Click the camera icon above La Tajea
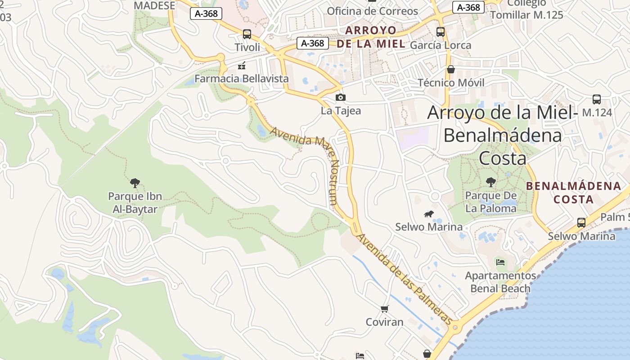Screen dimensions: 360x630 tap(341, 97)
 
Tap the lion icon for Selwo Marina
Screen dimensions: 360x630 tap(429, 215)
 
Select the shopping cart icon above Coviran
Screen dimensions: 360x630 tap(384, 309)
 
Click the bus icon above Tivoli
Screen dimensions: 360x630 tap(247, 34)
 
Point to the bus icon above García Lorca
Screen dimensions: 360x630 tap(441, 32)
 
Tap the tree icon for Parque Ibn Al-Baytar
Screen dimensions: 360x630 tap(135, 183)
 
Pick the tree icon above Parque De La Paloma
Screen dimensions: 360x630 tap(491, 182)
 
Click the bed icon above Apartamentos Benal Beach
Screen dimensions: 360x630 tap(500, 262)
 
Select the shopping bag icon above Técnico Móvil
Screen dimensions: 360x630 tap(451, 69)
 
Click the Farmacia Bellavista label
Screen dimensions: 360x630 tap(242, 79)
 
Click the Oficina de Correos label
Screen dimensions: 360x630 tap(372, 11)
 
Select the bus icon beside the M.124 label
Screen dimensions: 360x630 tap(597, 99)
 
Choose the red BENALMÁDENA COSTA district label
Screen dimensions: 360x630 tap(573, 192)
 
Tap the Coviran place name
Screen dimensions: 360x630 tap(384, 322)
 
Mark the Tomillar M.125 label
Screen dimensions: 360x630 tap(526, 15)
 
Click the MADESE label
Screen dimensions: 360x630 tap(154, 5)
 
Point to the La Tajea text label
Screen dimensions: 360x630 tap(341, 110)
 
